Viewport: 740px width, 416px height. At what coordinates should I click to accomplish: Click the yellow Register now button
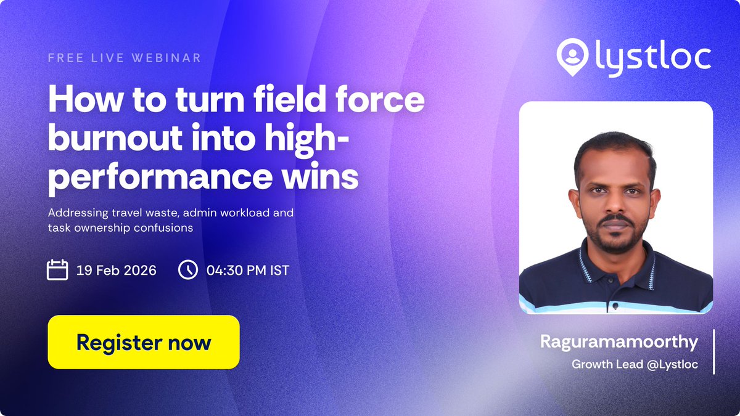pos(143,342)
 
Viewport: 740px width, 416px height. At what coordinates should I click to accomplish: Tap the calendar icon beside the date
pos(57,270)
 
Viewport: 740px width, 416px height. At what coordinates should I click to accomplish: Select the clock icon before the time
pos(187,270)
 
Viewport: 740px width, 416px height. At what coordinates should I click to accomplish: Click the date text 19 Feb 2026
pos(117,271)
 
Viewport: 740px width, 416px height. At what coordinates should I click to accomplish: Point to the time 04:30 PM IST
pos(247,271)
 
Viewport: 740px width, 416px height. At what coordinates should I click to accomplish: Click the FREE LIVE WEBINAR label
pos(125,58)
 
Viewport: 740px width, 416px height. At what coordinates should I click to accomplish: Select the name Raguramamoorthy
pos(619,341)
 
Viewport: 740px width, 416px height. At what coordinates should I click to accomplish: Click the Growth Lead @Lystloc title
pos(635,364)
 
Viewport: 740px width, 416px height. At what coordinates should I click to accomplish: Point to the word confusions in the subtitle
pos(164,227)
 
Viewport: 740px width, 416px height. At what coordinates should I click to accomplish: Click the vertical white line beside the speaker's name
pos(714,351)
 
